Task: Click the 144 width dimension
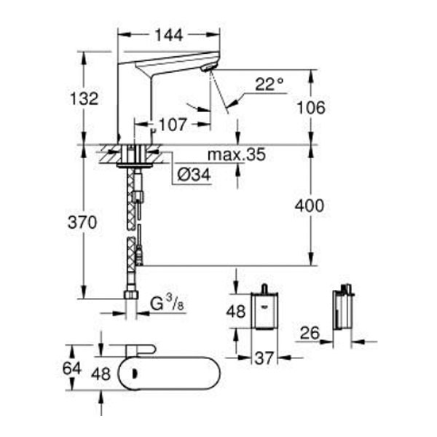(x=169, y=36)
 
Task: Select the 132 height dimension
(x=84, y=98)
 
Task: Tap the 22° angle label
(x=269, y=84)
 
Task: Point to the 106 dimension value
(x=311, y=108)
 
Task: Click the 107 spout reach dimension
(x=172, y=125)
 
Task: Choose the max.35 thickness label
(x=237, y=154)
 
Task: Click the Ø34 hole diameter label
(x=194, y=175)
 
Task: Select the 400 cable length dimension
(x=310, y=205)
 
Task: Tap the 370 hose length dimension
(x=82, y=222)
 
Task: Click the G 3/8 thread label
(x=167, y=303)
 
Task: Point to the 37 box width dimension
(x=264, y=358)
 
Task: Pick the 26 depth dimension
(x=310, y=333)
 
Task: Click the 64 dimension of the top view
(x=71, y=369)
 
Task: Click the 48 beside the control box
(x=236, y=311)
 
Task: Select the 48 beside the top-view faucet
(x=101, y=374)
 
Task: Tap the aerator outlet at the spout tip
(x=209, y=68)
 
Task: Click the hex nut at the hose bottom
(x=131, y=294)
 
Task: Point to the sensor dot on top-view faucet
(x=135, y=374)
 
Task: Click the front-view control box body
(x=265, y=310)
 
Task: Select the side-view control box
(x=343, y=310)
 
